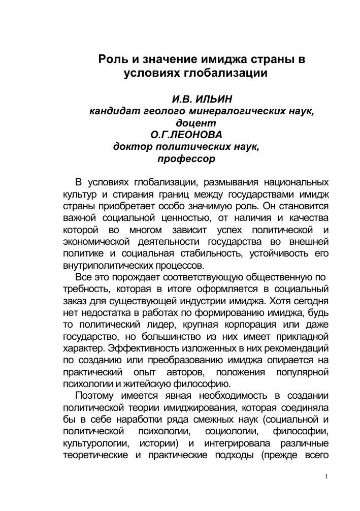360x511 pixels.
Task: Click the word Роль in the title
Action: [111, 59]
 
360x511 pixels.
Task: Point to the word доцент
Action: [195, 123]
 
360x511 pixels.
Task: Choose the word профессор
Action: [186, 158]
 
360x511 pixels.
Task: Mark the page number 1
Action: [326, 476]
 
